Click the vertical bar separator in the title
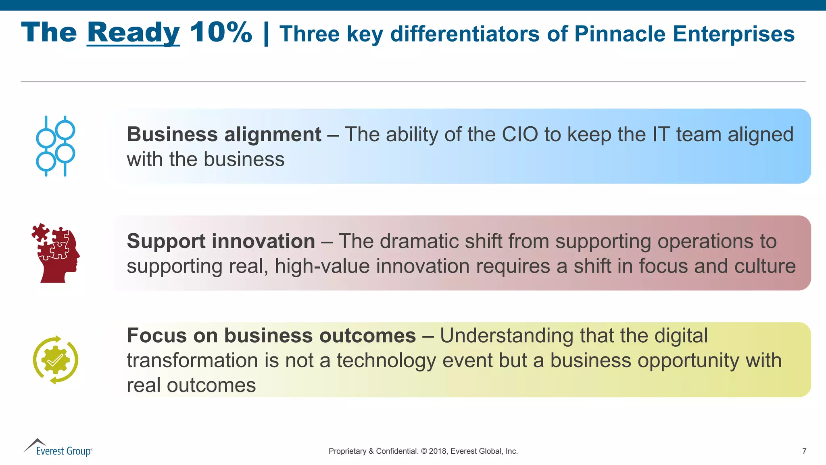point(266,34)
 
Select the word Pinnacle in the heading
point(619,34)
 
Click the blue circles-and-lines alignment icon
point(55,146)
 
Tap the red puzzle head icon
point(56,253)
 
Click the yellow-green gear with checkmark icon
point(56,360)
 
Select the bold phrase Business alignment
point(224,134)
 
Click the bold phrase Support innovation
point(221,241)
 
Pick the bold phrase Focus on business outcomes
point(271,335)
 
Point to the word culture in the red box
point(765,266)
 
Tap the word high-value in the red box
point(322,266)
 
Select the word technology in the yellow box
point(386,360)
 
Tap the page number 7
point(804,451)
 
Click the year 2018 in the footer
point(437,451)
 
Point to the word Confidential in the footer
point(397,451)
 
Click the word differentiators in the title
point(465,34)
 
